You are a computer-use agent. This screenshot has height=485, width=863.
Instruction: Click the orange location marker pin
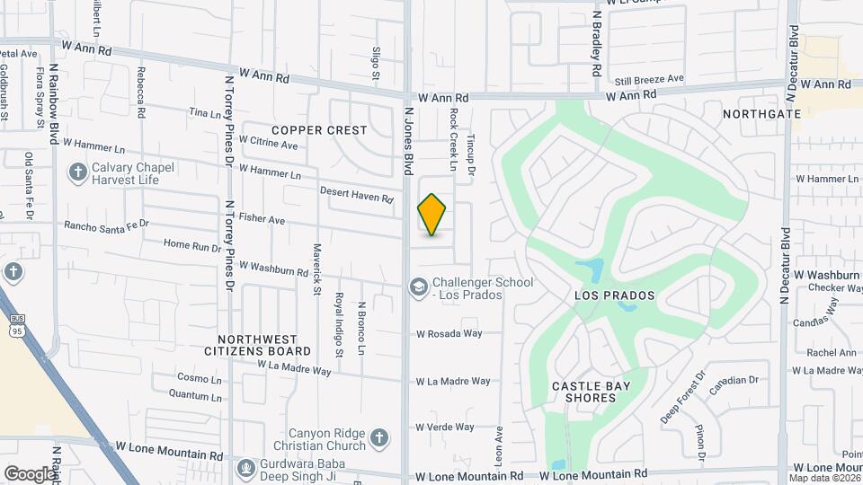coord(432,214)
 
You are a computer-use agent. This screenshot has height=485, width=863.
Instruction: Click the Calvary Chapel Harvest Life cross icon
coord(78,171)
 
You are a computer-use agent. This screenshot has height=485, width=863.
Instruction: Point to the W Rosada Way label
coord(449,333)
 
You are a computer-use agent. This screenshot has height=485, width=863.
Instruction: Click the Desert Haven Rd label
coord(357,193)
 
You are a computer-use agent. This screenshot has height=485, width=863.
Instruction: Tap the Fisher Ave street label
coord(262,219)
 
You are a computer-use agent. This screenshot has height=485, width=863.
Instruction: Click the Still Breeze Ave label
coord(649,79)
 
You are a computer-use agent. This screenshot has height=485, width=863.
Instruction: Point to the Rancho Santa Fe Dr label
coord(106,224)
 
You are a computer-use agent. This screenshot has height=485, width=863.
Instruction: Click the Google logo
coord(30,473)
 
